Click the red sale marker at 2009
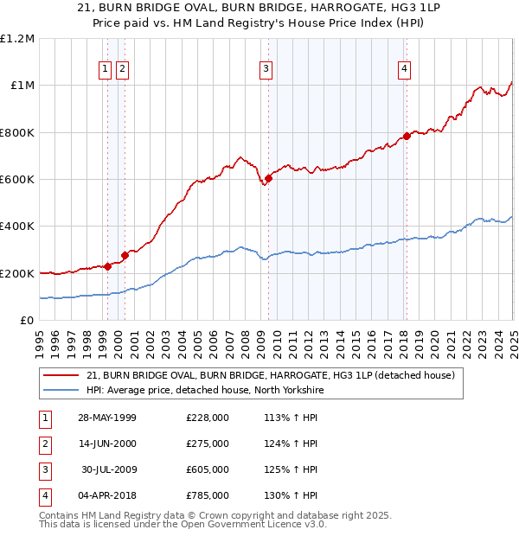[269, 178]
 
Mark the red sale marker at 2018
[407, 136]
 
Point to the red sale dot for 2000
[125, 255]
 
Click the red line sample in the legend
[61, 375]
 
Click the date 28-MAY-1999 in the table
[107, 418]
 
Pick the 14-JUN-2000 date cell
[107, 443]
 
